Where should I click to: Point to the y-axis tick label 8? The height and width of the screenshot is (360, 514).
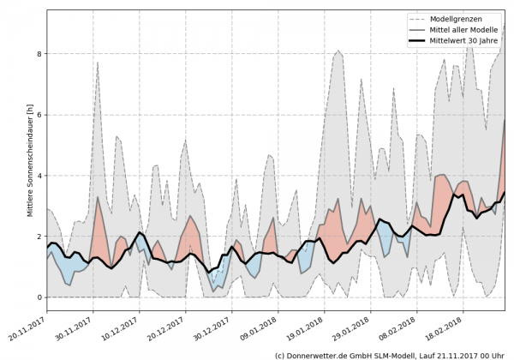point(39,54)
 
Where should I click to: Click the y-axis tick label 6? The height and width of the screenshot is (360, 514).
point(39,115)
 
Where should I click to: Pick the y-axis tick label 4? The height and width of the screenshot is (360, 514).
point(39,176)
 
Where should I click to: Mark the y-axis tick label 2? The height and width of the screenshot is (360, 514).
point(39,237)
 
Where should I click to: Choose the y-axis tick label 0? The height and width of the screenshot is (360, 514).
point(39,297)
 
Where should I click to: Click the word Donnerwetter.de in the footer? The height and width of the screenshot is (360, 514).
point(322,354)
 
